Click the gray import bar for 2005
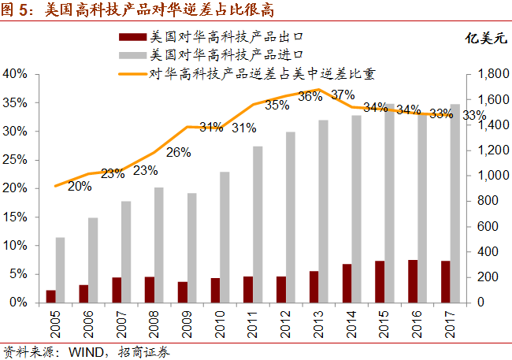60,270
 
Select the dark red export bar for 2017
445,281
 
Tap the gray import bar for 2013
324,211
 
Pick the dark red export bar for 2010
215,290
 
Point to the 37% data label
343,95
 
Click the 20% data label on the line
80,187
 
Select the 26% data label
178,152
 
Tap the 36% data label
310,96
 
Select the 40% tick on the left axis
17,74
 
